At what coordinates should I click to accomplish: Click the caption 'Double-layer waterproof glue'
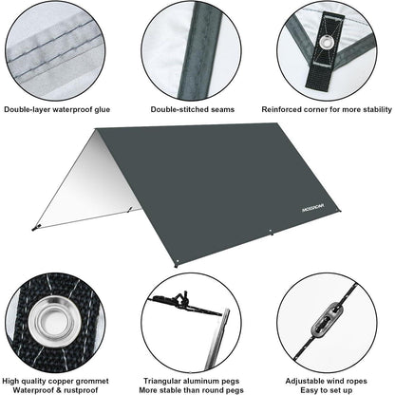point(64,109)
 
